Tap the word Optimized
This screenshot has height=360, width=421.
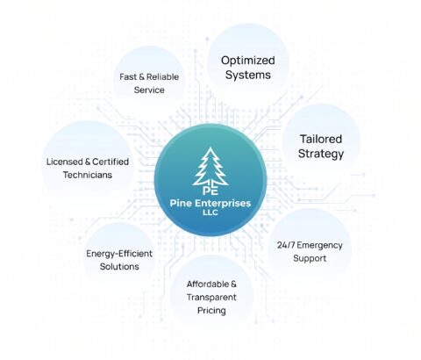pyautogui.click(x=248, y=61)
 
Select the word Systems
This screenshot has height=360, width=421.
pyautogui.click(x=248, y=75)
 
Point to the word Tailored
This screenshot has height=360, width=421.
pyautogui.click(x=321, y=139)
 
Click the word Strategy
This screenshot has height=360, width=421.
pyautogui.click(x=321, y=154)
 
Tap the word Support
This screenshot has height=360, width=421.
pyautogui.click(x=310, y=258)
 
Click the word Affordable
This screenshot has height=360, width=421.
pyautogui.click(x=208, y=284)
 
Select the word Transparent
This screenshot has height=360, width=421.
pyautogui.click(x=211, y=297)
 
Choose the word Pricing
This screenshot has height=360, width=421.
pyautogui.click(x=211, y=311)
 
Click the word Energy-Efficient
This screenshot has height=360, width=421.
pyautogui.click(x=119, y=254)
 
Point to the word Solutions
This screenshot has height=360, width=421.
pyautogui.click(x=119, y=267)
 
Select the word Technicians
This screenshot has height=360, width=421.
pyautogui.click(x=88, y=175)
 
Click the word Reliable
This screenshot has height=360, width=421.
pyautogui.click(x=162, y=76)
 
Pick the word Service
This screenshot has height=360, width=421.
pyautogui.click(x=149, y=90)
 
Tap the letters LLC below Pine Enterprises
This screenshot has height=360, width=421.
pyautogui.click(x=210, y=212)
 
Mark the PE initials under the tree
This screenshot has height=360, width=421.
pyautogui.click(x=210, y=191)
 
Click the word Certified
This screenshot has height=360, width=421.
pyautogui.click(x=111, y=162)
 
